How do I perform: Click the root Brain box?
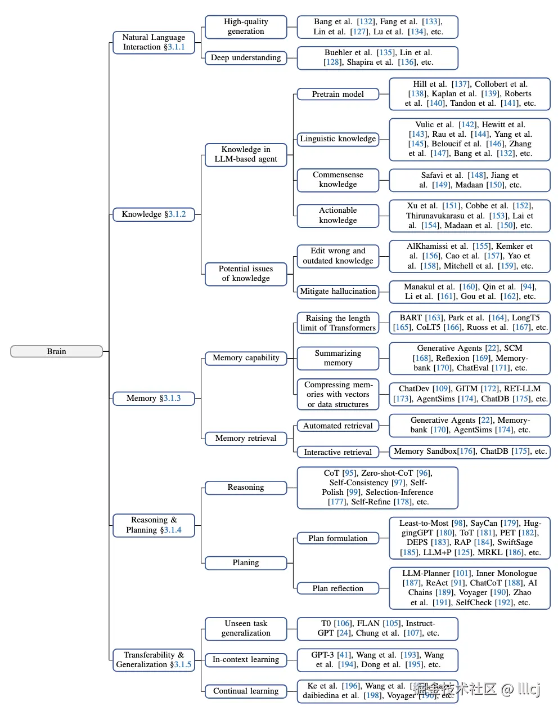tap(56, 351)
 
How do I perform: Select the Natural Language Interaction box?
tap(154, 42)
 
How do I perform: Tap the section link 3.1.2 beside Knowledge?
tap(177, 214)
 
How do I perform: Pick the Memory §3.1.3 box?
tap(154, 398)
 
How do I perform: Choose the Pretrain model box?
tap(337, 94)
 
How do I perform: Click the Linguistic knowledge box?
tap(337, 138)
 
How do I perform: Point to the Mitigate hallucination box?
tap(337, 291)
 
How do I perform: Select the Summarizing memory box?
tap(337, 358)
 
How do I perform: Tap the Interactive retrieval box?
tap(337, 452)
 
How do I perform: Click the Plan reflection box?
tap(337, 588)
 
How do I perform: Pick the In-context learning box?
tap(246, 659)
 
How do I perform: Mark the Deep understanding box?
tap(246, 57)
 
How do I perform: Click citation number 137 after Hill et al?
tap(461, 84)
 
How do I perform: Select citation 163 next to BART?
tap(434, 318)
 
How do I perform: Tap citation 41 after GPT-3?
tap(343, 655)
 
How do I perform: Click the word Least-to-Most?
tap(425, 523)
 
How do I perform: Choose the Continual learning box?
tap(246, 691)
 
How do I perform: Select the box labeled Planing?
tap(246, 562)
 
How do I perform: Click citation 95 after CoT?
tap(349, 473)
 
